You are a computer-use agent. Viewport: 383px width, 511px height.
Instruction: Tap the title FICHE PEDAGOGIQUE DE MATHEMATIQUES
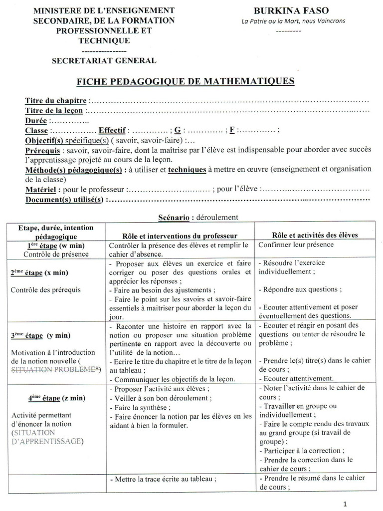click(x=185, y=80)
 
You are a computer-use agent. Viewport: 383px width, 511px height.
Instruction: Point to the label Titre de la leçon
click(x=54, y=110)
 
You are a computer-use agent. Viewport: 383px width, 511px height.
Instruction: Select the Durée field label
click(x=36, y=120)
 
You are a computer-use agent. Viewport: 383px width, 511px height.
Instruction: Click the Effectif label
click(x=111, y=130)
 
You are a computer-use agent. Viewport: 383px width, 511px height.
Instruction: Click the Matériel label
click(x=41, y=190)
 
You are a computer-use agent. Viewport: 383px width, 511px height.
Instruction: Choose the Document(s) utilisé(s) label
click(x=64, y=200)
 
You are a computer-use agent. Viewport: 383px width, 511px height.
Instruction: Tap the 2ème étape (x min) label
click(x=39, y=273)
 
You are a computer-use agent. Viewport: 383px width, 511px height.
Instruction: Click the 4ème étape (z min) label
click(x=56, y=398)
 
